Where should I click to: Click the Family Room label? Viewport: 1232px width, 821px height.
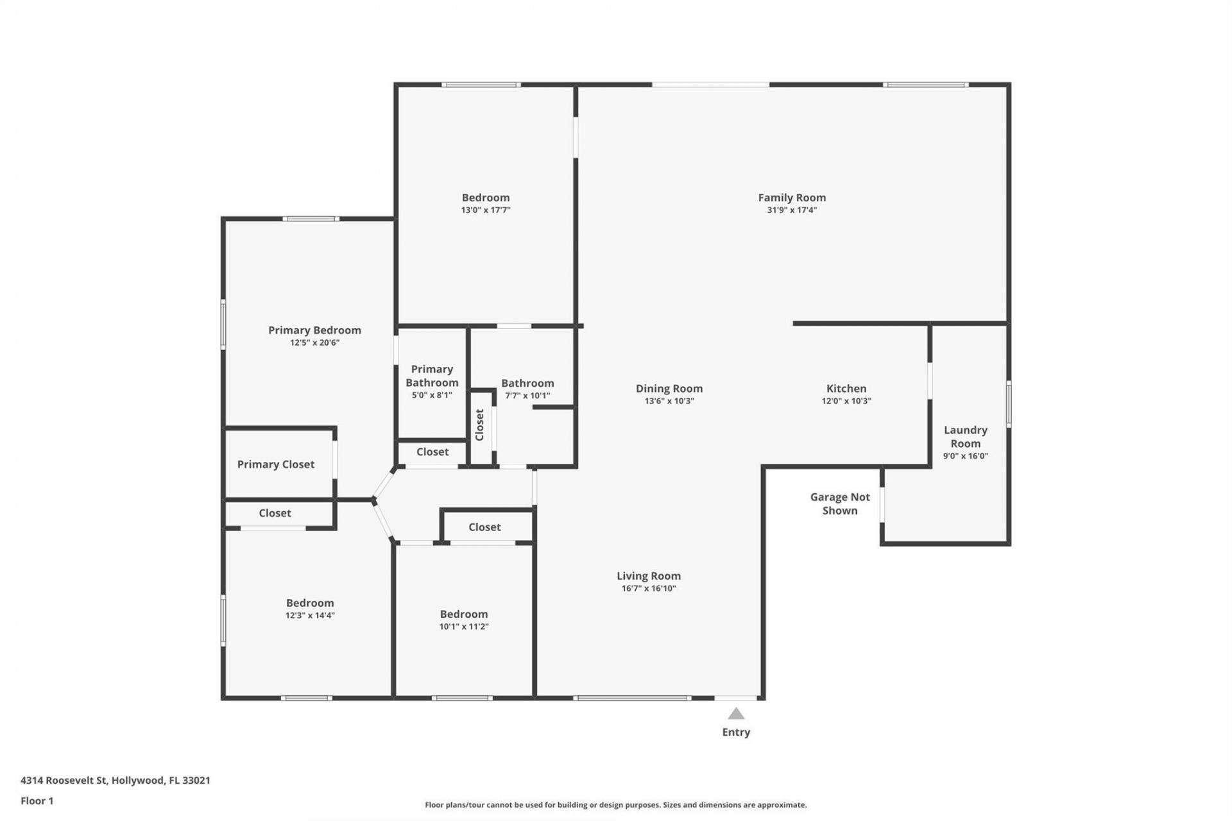[792, 198]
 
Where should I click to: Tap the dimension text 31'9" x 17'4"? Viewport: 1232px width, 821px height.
[792, 210]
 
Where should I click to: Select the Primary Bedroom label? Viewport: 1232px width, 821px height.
[314, 330]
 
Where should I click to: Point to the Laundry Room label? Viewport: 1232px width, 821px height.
[965, 437]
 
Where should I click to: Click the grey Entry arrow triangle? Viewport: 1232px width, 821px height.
[736, 714]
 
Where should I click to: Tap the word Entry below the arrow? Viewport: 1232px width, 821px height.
[736, 732]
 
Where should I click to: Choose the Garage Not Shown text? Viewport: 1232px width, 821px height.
[840, 504]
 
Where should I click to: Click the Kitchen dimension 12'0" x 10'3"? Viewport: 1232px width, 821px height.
[846, 402]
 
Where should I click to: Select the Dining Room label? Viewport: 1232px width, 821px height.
[669, 389]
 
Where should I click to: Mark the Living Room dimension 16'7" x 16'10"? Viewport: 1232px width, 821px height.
[649, 589]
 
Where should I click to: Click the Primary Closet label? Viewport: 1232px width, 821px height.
[276, 464]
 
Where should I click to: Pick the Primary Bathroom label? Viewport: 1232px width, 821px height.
[432, 376]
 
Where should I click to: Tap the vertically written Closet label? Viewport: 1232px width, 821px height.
[479, 425]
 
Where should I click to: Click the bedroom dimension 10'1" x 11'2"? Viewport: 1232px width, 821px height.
[464, 627]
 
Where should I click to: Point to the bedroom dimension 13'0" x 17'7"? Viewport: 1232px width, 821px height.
[486, 210]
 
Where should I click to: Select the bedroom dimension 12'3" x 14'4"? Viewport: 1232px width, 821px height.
[310, 616]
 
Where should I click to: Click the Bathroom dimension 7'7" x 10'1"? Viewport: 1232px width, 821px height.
[527, 396]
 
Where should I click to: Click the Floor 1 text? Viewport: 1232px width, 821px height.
[37, 801]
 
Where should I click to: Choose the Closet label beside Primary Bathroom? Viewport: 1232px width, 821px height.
[432, 452]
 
